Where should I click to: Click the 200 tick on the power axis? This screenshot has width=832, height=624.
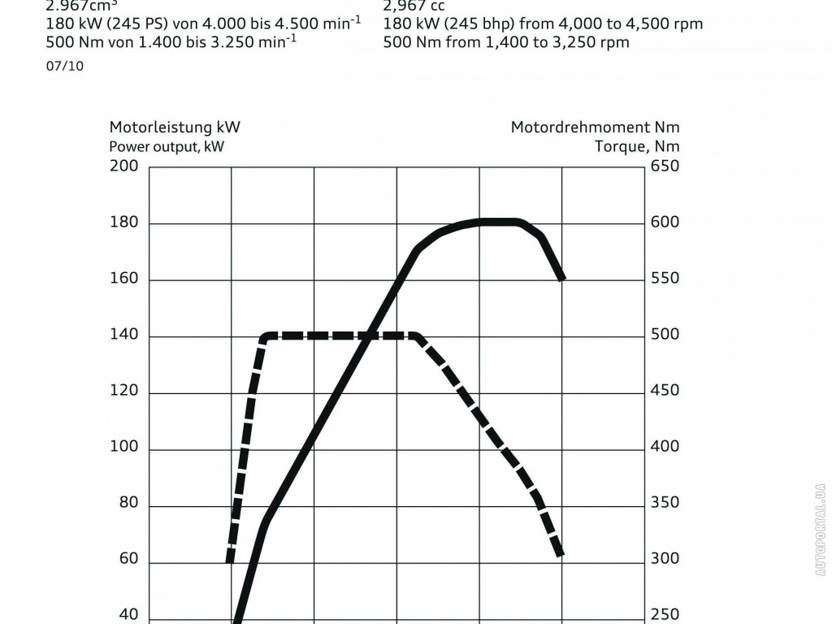[x=123, y=167]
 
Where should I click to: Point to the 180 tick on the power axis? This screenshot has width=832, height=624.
[x=123, y=223]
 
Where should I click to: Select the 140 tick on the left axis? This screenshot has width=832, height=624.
[x=123, y=335]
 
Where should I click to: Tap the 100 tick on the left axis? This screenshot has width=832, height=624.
[x=123, y=447]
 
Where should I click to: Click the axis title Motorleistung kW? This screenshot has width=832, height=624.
[x=175, y=127]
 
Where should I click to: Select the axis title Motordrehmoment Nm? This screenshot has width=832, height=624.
[x=595, y=127]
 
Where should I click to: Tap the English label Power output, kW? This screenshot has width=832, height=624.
[x=167, y=147]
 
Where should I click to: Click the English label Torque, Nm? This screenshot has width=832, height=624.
[x=637, y=147]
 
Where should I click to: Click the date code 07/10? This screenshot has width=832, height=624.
[x=65, y=67]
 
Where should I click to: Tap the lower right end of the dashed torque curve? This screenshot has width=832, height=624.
[x=561, y=556]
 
